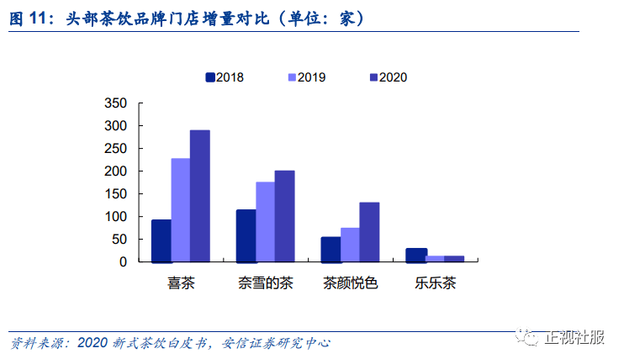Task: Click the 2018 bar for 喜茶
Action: tap(161, 241)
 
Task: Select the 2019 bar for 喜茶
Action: tap(181, 210)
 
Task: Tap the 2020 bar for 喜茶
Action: tap(200, 196)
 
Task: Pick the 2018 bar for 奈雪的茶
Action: tap(246, 236)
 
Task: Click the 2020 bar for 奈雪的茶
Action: tap(284, 216)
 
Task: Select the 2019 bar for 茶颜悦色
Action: tap(350, 245)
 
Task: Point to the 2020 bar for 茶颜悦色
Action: tap(369, 232)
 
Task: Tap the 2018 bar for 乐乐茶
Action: tap(416, 256)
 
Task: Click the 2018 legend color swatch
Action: tap(210, 77)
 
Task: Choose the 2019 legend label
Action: tap(312, 77)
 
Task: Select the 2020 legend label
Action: tap(394, 77)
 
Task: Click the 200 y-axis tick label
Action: tap(116, 171)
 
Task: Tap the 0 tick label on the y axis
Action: tap(124, 261)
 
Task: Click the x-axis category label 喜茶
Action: tap(181, 283)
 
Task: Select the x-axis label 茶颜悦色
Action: tap(350, 283)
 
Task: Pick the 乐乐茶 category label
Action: tap(436, 283)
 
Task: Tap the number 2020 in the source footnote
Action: tap(93, 342)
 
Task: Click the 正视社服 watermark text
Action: tap(574, 337)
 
